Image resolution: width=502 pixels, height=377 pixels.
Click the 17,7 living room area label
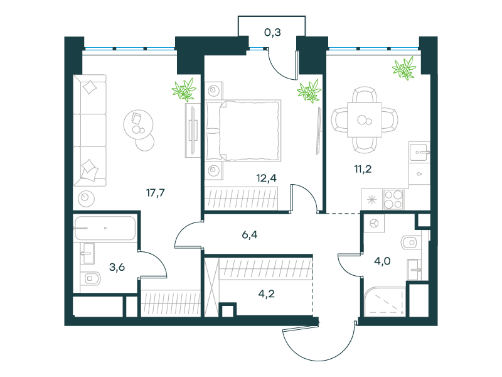click(155, 193)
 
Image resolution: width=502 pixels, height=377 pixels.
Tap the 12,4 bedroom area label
click(266, 178)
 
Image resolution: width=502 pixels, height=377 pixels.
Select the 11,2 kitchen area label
click(363, 168)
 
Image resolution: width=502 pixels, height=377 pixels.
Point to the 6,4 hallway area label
click(249, 234)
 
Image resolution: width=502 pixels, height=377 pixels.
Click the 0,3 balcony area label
click(272, 32)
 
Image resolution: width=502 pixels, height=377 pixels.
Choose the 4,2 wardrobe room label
click(266, 293)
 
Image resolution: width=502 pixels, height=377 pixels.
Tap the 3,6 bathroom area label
click(117, 266)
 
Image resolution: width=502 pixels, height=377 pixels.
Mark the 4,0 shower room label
click(382, 261)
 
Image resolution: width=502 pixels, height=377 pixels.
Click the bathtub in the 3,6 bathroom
click(105, 228)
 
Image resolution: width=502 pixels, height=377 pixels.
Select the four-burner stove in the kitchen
click(393, 199)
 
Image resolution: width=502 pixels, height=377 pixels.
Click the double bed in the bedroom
click(243, 131)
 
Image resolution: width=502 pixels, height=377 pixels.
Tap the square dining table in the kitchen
click(365, 120)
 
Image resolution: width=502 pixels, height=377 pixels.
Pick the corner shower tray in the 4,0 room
click(385, 302)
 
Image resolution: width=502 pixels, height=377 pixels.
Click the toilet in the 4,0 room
click(410, 243)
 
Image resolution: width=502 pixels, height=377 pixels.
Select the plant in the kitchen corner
click(404, 68)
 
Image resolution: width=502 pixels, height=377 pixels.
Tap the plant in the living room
click(184, 89)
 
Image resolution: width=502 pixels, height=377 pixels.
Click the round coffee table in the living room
click(138, 124)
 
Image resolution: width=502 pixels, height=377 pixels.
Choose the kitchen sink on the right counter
click(419, 152)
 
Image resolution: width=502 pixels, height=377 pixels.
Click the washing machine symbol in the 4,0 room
click(374, 223)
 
